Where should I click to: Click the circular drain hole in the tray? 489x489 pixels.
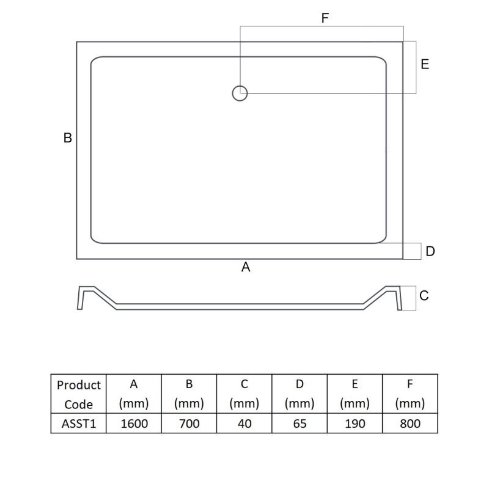240,94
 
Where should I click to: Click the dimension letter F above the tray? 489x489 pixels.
325,18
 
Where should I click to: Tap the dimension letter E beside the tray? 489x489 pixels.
425,64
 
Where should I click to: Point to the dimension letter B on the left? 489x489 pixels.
68,138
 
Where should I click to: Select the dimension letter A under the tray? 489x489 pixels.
246,267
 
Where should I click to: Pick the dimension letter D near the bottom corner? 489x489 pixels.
430,251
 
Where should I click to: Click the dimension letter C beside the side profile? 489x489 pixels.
424,296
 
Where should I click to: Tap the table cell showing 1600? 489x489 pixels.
134,423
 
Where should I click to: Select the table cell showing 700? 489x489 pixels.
189,423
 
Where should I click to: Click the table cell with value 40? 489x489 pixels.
244,423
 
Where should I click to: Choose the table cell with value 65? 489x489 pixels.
300,423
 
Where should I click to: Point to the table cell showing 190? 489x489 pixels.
355,423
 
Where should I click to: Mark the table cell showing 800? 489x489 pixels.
410,423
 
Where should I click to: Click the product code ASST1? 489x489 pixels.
78,423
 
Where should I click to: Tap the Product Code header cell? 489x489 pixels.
78,394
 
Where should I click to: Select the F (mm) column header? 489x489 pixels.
410,394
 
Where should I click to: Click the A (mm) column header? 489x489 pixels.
134,394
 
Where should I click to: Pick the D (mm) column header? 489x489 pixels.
300,394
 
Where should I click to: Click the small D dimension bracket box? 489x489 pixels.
413,251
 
